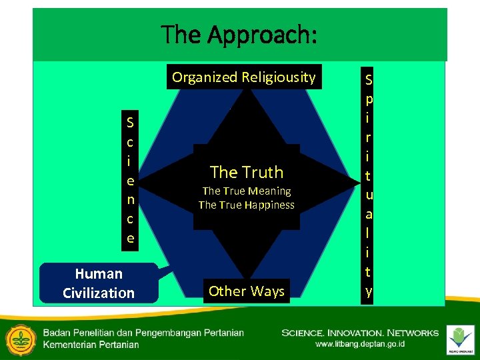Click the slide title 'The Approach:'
(239, 34)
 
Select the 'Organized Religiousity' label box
(243, 77)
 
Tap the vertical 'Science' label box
(130, 180)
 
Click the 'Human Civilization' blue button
(99, 283)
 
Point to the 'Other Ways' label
(247, 291)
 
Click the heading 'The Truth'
(247, 172)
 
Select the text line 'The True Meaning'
(247, 191)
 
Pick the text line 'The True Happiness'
(247, 205)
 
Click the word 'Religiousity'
(279, 77)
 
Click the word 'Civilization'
(99, 293)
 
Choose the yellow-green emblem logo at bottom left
(19, 337)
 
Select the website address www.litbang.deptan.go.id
(360, 344)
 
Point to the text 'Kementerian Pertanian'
(91, 344)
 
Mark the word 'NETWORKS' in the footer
(416, 333)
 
